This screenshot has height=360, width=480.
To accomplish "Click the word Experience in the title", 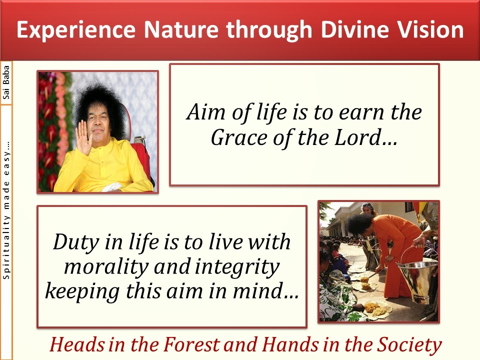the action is coord(76,30).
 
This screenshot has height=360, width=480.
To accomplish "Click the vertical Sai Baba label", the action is coord(6,82).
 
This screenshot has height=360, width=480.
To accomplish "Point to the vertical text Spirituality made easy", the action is coord(6,210).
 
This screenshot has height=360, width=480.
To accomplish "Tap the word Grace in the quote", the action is coord(239,138).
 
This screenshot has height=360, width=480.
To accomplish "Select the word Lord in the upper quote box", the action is coord(366,137).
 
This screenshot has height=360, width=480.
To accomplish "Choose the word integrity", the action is coord(237,267).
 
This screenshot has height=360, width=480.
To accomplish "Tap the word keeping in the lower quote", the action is coord(82,291).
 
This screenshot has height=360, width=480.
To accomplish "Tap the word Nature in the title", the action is coord(181,29).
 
